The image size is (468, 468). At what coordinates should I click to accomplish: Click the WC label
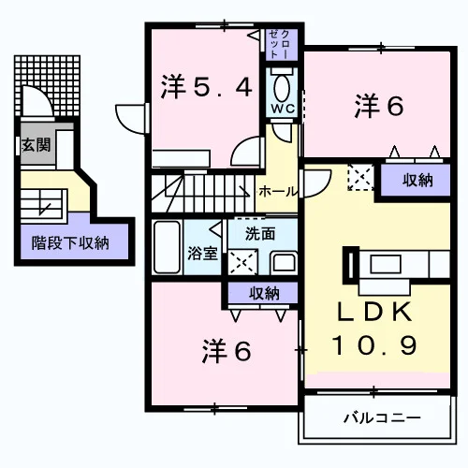[283, 109]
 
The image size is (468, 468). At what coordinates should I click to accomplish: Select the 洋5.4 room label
[206, 87]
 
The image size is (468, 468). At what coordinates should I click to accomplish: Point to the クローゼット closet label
[280, 44]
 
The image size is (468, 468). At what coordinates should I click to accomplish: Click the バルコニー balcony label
[382, 418]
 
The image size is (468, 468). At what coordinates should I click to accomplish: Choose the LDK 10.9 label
[374, 329]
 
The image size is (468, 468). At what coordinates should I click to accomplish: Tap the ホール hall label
[278, 191]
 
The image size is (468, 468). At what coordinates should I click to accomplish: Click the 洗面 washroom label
[260, 234]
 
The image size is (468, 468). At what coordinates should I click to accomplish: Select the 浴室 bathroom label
[202, 254]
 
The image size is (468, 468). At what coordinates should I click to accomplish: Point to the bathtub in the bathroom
[168, 247]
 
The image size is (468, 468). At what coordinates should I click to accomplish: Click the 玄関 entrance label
[37, 145]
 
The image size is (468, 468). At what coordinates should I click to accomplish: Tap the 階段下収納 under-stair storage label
[70, 243]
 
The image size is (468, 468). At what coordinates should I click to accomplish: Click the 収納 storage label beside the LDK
[417, 180]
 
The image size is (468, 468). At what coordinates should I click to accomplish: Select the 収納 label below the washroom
[264, 294]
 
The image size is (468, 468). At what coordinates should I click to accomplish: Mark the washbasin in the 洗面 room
[284, 263]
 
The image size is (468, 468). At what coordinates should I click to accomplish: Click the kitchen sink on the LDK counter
[386, 264]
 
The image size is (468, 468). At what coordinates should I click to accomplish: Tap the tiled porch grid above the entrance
[47, 85]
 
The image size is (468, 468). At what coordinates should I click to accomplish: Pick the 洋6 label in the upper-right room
[379, 107]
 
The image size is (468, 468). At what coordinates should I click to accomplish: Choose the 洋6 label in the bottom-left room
[227, 351]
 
